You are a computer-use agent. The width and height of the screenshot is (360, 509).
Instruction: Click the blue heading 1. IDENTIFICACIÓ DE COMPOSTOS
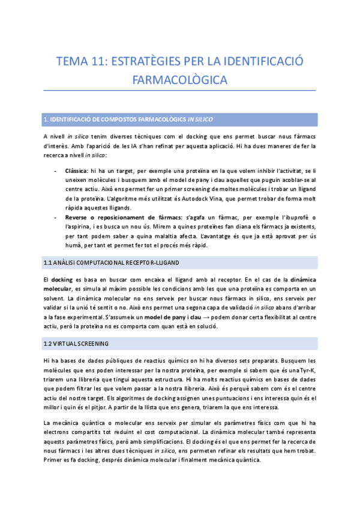click(128, 119)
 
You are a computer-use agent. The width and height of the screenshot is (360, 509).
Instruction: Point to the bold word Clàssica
click(77, 171)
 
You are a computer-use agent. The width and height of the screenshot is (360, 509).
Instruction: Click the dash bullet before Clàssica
click(56, 171)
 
